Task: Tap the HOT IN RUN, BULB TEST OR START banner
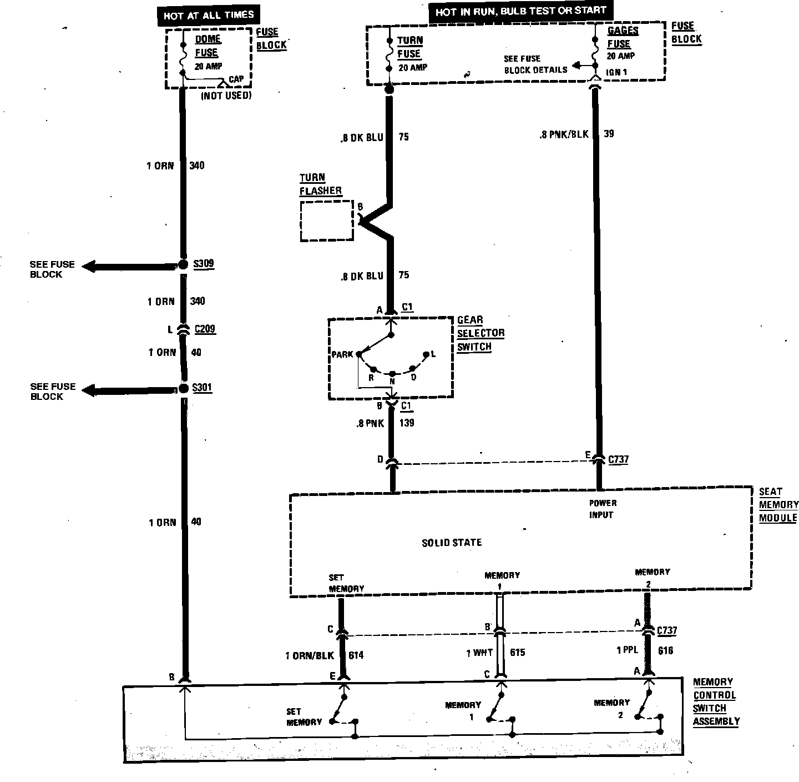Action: tap(520, 12)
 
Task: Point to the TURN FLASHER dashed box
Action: tap(327, 221)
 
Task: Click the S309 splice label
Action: tap(204, 264)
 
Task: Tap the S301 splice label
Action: tap(202, 387)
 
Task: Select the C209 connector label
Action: tap(205, 329)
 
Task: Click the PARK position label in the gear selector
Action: tap(342, 354)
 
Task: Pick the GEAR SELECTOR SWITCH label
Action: tap(481, 333)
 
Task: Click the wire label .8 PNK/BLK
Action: tap(563, 134)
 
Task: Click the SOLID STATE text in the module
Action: tap(452, 543)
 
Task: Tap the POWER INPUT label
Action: tap(602, 509)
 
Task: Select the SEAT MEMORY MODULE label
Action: tap(778, 505)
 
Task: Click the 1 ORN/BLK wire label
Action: tap(310, 655)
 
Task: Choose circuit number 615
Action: tap(517, 653)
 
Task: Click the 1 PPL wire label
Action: tap(628, 650)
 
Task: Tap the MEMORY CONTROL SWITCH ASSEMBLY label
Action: tap(716, 701)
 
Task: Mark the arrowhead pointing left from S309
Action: tap(92, 267)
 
